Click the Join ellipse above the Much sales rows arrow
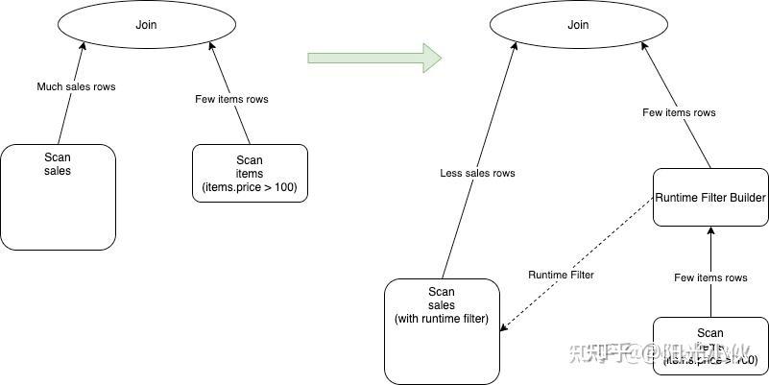pyautogui.click(x=145, y=25)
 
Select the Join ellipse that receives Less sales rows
pyautogui.click(x=578, y=25)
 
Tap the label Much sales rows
pyautogui.click(x=76, y=87)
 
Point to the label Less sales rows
pyautogui.click(x=477, y=173)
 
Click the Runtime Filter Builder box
pyautogui.click(x=710, y=198)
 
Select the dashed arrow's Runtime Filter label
pyautogui.click(x=561, y=275)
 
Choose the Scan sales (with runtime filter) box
pyautogui.click(x=443, y=331)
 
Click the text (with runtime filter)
pyautogui.click(x=443, y=318)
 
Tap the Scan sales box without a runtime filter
pyautogui.click(x=58, y=197)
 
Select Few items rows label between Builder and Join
pyautogui.click(x=679, y=112)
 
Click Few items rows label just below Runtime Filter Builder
pyautogui.click(x=710, y=277)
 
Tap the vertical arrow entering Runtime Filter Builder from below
pyautogui.click(x=710, y=259)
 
